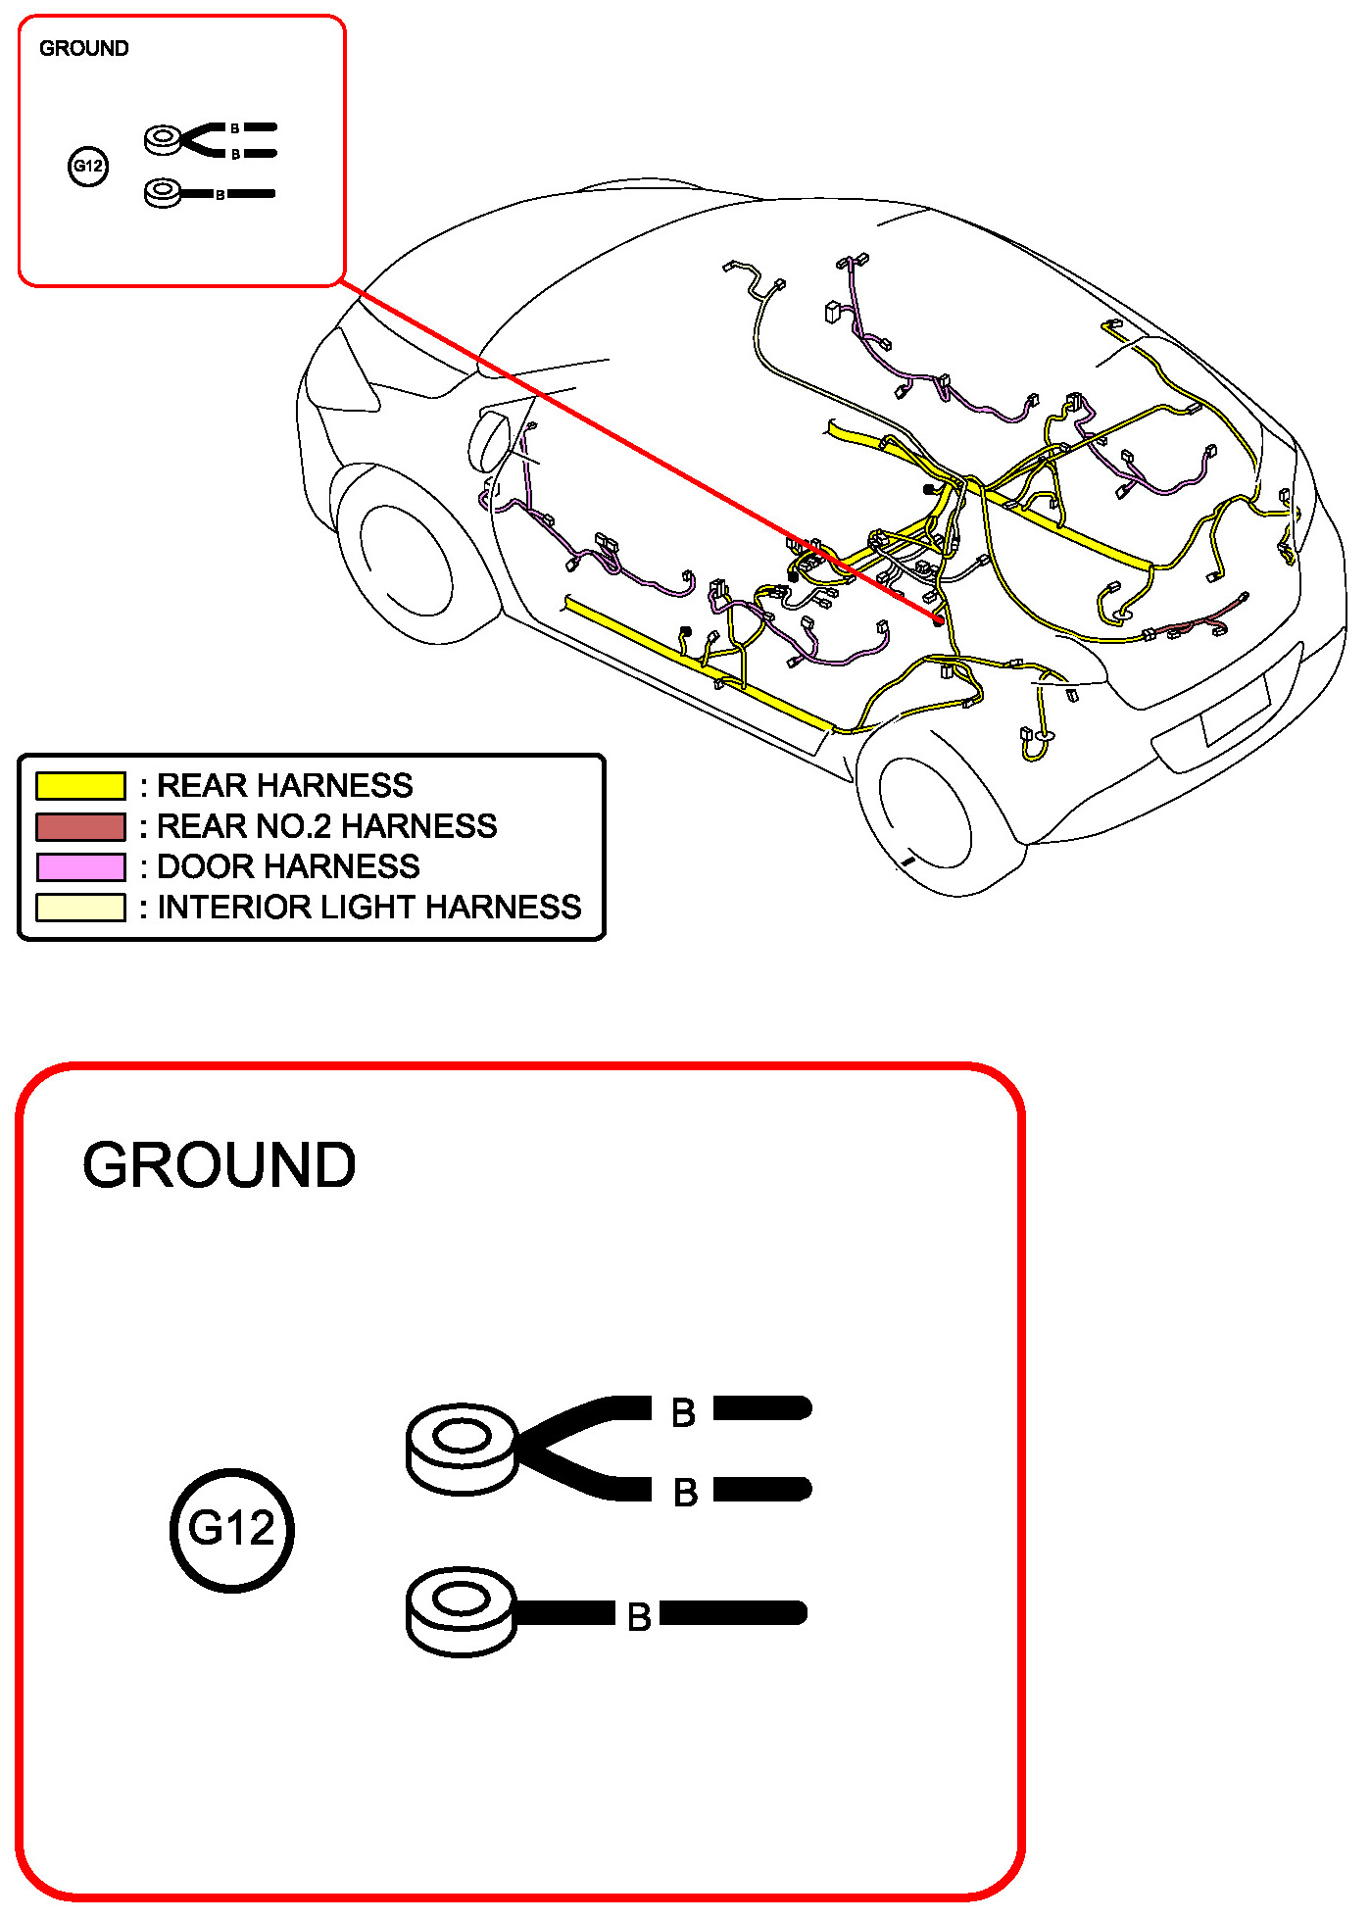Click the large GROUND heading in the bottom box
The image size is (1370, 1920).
click(x=219, y=1165)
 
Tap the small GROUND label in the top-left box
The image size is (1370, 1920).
click(x=83, y=49)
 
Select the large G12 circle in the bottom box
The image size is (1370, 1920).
click(x=232, y=1529)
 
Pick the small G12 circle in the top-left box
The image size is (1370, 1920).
click(x=88, y=166)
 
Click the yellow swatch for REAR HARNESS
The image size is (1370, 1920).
click(x=80, y=786)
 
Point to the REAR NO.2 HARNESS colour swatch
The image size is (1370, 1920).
click(x=80, y=827)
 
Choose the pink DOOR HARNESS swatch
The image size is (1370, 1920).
click(x=80, y=867)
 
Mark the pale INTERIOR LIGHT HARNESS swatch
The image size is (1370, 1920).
click(x=80, y=908)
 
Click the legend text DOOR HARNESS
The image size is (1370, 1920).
click(x=288, y=867)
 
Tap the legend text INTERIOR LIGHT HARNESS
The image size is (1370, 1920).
click(x=369, y=908)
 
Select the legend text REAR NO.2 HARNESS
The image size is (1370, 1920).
click(x=326, y=827)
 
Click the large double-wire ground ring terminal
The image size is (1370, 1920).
click(x=462, y=1449)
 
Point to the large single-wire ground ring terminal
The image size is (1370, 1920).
click(x=461, y=1612)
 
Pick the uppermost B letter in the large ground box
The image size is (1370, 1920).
click(x=683, y=1413)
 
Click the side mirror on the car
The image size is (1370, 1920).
click(x=489, y=441)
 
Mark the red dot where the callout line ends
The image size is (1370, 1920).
click(x=939, y=619)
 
